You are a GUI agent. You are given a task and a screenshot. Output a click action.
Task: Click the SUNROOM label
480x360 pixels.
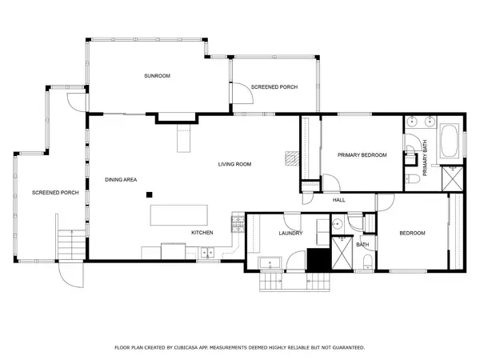(x=157, y=76)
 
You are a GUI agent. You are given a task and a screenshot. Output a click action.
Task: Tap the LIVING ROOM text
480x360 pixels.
(x=234, y=164)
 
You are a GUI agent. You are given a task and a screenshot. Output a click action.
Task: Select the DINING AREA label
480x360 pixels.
(x=121, y=179)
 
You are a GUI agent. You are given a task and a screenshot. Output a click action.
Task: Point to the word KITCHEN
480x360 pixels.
(x=202, y=233)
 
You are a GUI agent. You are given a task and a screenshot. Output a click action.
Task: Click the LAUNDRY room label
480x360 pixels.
(x=290, y=234)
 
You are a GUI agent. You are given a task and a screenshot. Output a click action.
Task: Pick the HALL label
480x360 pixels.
(x=339, y=200)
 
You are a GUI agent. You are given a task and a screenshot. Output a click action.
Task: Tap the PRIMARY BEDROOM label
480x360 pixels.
(x=362, y=155)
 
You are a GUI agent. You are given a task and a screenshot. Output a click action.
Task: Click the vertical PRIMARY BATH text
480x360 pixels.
(x=425, y=158)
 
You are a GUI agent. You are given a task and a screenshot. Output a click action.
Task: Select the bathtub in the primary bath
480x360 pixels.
(x=449, y=141)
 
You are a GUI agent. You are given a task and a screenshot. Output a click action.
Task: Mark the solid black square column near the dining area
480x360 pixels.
(x=149, y=194)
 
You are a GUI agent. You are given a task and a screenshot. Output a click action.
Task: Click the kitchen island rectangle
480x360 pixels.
(x=178, y=215)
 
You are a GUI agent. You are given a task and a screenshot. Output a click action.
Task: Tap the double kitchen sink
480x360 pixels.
(x=207, y=253)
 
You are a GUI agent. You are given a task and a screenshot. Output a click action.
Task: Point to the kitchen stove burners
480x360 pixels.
(x=238, y=224)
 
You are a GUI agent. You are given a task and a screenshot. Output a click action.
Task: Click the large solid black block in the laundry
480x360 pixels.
(x=318, y=259)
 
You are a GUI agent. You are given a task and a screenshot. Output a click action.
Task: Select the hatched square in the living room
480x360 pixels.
(x=292, y=158)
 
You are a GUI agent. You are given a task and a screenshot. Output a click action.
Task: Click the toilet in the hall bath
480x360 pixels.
(x=367, y=262)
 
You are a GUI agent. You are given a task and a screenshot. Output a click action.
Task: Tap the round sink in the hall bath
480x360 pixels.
(x=337, y=223)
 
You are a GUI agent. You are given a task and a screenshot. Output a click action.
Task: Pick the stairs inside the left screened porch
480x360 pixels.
(x=71, y=245)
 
